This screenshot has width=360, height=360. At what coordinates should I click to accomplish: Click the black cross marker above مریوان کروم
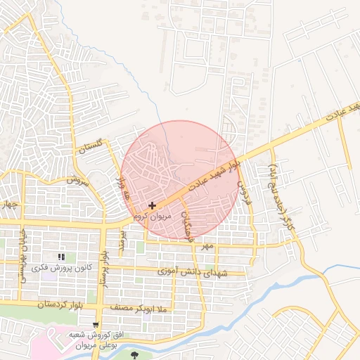[152, 205]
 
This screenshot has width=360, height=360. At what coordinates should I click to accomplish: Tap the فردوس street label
[245, 193]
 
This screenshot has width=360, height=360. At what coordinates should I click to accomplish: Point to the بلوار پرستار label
[104, 270]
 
